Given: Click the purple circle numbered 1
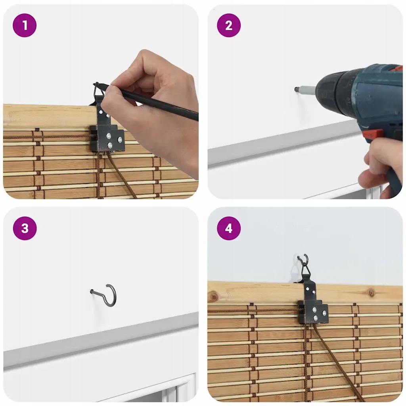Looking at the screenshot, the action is (x=25, y=25).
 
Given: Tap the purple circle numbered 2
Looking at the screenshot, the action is (x=229, y=25).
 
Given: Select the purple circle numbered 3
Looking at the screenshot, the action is (x=25, y=228).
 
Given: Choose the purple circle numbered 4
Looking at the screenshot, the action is (x=229, y=228).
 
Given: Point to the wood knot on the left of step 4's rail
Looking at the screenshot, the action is (x=214, y=296).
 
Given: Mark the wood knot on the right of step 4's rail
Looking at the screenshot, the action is (x=372, y=293).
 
